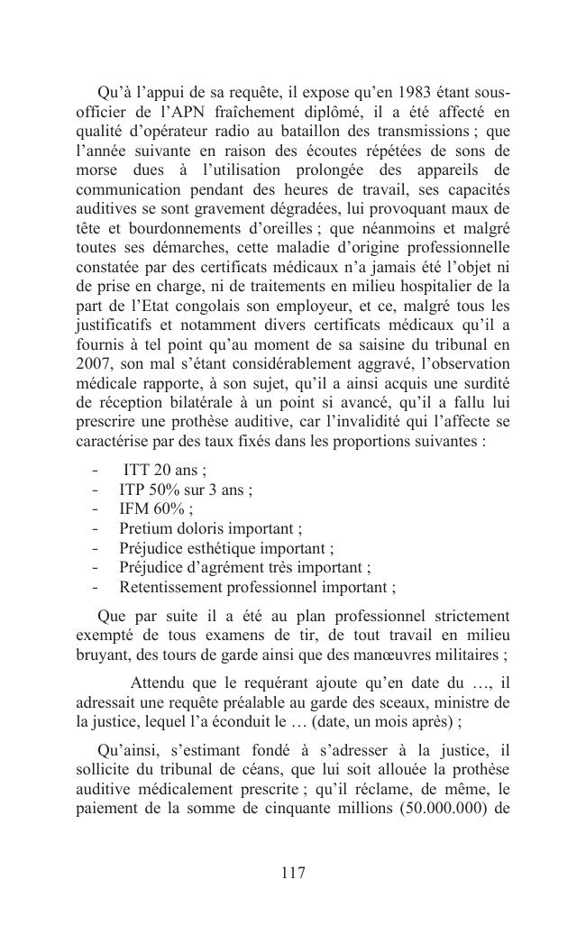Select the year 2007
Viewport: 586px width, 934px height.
click(x=95, y=362)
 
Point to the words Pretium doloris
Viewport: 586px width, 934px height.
click(x=169, y=529)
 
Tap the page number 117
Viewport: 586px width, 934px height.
click(x=293, y=873)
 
